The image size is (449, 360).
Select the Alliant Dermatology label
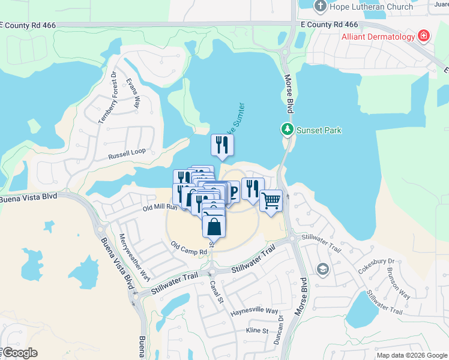pyautogui.click(x=378, y=37)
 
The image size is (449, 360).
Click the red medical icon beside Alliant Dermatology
pyautogui.click(x=424, y=36)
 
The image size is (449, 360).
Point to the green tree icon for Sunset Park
pyautogui.click(x=288, y=129)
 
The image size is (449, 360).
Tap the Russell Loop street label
pyautogui.click(x=127, y=155)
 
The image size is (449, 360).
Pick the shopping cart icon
pyautogui.click(x=271, y=200)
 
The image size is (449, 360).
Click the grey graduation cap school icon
pyautogui.click(x=323, y=269)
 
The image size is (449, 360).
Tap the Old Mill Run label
pyautogui.click(x=160, y=208)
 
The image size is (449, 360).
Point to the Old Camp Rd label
pyautogui.click(x=188, y=245)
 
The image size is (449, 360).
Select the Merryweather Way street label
pyautogui.click(x=135, y=257)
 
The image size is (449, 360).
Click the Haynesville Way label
pyautogui.click(x=255, y=312)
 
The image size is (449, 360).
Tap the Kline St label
pyautogui.click(x=256, y=331)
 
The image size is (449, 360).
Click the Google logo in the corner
pyautogui.click(x=19, y=353)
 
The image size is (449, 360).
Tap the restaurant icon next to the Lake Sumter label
pyautogui.click(x=222, y=144)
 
